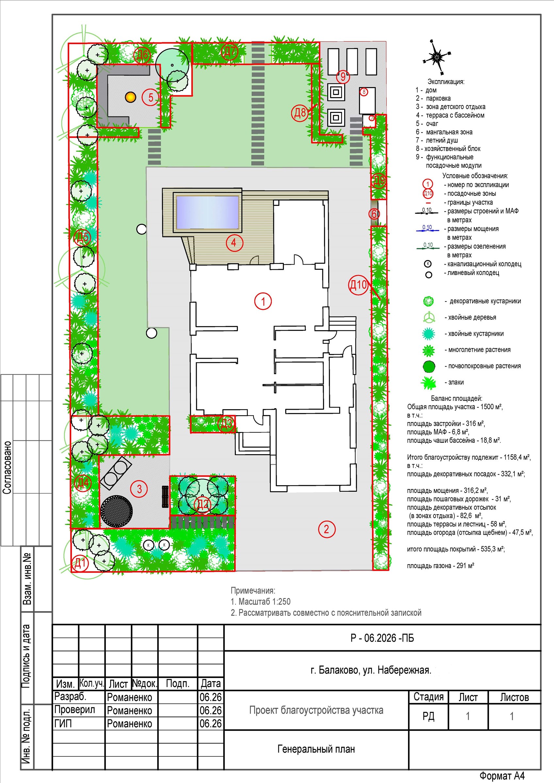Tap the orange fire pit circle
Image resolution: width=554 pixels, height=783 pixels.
tap(130, 97)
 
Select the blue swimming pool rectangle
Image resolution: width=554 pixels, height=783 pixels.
tap(207, 212)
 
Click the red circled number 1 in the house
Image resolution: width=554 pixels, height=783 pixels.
tap(263, 301)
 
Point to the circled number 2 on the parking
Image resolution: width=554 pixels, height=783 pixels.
tap(327, 529)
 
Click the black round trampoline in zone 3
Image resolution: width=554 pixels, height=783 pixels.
tap(116, 511)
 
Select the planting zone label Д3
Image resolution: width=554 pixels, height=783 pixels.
tap(226, 424)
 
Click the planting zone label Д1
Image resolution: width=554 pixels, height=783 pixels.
tap(80, 563)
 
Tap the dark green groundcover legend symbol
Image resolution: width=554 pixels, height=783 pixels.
tap(429, 367)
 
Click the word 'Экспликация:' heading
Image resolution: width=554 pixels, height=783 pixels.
tap(446, 82)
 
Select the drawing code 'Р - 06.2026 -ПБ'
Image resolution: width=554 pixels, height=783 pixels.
tap(382, 638)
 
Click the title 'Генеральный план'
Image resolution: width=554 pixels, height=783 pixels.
tap(316, 749)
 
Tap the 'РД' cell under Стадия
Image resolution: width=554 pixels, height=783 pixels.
tap(428, 716)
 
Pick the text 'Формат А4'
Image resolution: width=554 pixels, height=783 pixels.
tap(502, 776)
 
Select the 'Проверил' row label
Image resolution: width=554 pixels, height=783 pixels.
tap(75, 710)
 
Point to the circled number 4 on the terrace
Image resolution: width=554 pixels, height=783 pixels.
tap(234, 242)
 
